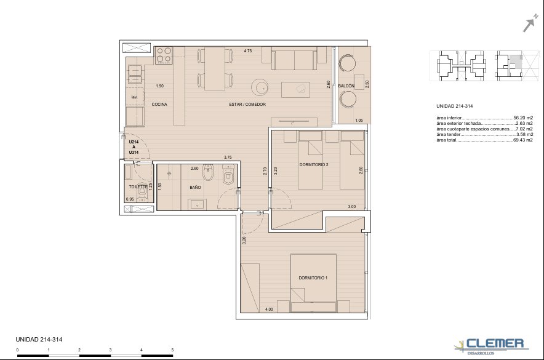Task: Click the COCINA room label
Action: tap(159, 105)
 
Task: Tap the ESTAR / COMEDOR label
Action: tap(247, 105)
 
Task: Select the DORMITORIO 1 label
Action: tap(313, 278)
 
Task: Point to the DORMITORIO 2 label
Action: tap(314, 165)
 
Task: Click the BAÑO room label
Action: tap(195, 187)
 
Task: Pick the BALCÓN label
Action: tap(346, 86)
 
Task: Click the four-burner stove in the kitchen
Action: tap(164, 55)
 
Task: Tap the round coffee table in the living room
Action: tap(260, 87)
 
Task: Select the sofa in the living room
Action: tap(294, 58)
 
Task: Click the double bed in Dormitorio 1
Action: tap(314, 283)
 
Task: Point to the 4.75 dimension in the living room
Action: tap(248, 50)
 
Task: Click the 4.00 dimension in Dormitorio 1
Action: tap(269, 310)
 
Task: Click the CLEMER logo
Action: tap(492, 346)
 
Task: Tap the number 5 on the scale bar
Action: tap(172, 350)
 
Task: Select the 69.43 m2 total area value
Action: tap(522, 140)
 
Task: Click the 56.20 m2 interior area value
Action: tap(523, 118)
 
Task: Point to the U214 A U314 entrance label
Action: tap(134, 147)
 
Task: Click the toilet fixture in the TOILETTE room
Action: tap(142, 192)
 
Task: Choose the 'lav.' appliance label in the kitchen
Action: tap(134, 97)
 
